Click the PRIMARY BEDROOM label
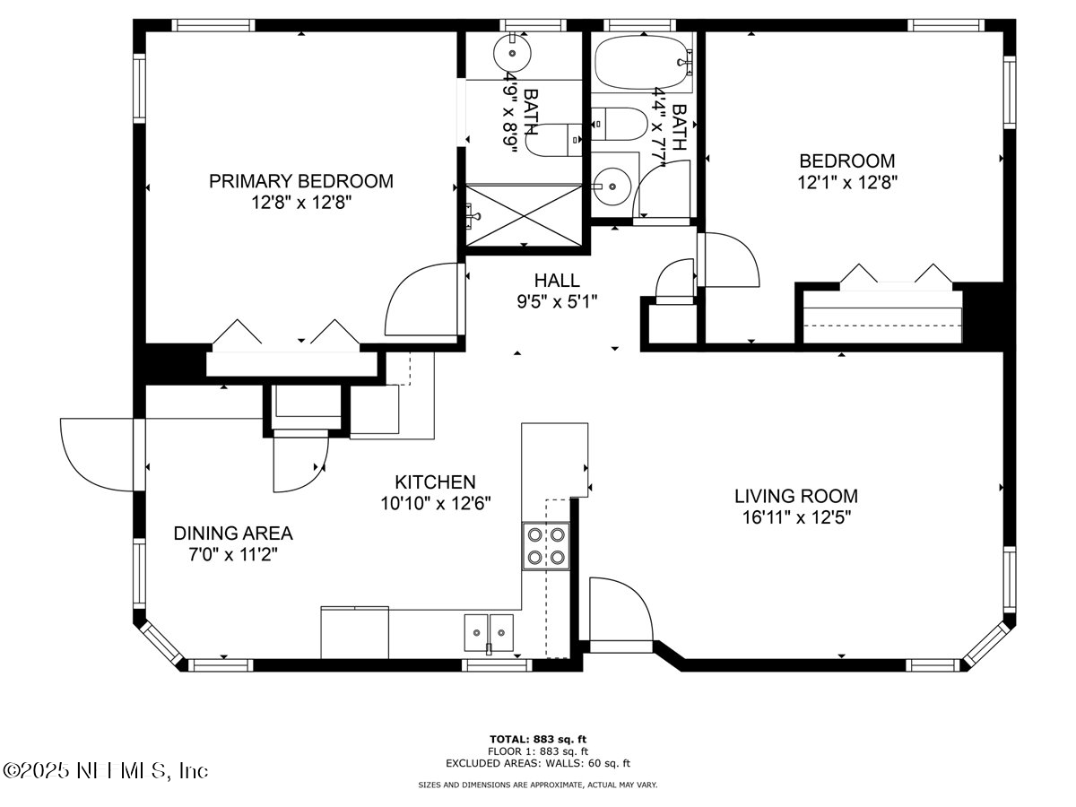coord(300,181)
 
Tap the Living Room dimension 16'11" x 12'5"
coord(795,517)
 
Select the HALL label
coord(556,281)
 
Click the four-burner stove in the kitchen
coord(546,546)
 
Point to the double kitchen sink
coord(489,633)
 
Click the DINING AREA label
coord(233,534)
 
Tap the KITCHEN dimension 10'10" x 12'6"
coord(436,503)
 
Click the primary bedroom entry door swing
coord(421,300)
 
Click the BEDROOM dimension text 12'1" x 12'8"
coord(846,181)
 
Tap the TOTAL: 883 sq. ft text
coord(538,740)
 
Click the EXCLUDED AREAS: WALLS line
coord(538,763)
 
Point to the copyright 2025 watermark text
coord(106,770)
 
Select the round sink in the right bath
coord(612,187)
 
